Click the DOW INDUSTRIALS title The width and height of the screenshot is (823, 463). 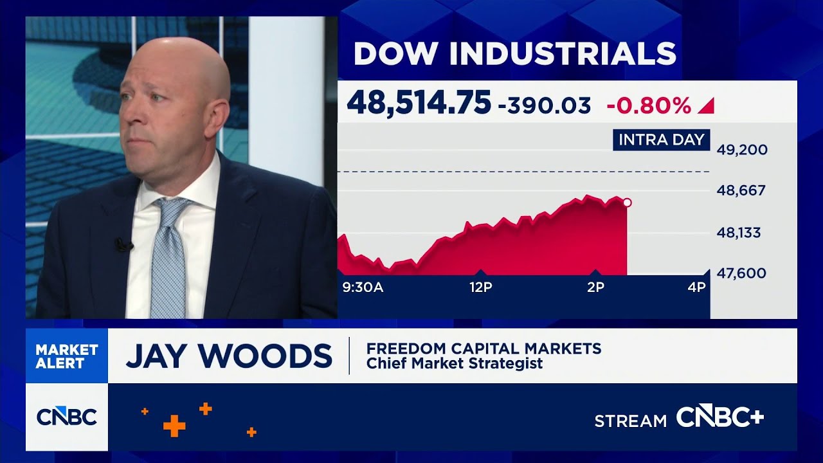[514, 53]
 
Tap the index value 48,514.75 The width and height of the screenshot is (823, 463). [419, 103]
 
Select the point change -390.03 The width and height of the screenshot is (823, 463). [544, 105]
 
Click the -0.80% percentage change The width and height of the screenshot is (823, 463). [649, 105]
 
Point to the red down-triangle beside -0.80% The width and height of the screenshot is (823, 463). [706, 105]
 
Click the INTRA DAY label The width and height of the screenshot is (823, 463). [661, 140]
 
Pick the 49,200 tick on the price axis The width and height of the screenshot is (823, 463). [742, 150]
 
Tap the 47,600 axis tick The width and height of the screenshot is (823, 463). [742, 273]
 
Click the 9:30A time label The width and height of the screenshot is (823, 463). [363, 287]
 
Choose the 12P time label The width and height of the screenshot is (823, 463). [480, 287]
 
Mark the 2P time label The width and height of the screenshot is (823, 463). [595, 287]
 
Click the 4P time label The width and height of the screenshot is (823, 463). [696, 287]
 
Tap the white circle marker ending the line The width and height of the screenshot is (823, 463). [627, 203]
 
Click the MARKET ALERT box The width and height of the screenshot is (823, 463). [67, 356]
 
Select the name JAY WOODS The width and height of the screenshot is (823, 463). [229, 356]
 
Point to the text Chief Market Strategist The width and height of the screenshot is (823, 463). [455, 363]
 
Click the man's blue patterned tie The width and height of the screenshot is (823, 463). [168, 257]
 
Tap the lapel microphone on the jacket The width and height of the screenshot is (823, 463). [123, 244]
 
